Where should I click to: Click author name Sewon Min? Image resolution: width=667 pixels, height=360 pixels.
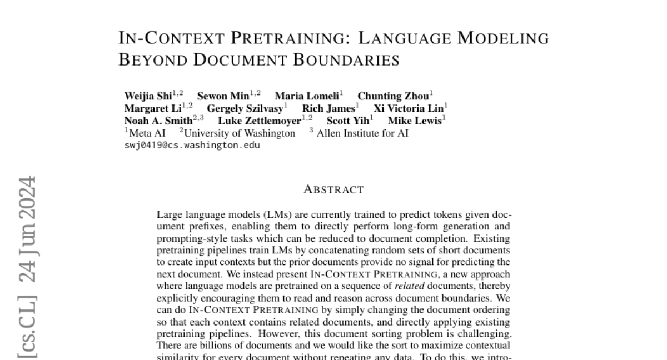(223, 96)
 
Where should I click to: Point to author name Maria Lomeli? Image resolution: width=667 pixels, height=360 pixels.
(307, 96)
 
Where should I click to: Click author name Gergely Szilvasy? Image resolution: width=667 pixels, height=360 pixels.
(245, 108)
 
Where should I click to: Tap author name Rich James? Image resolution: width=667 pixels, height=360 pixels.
(328, 108)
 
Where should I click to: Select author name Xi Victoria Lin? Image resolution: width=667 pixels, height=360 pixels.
(409, 108)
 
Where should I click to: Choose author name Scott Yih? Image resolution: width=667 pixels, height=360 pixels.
(347, 121)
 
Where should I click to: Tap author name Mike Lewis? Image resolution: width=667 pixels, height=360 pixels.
(415, 121)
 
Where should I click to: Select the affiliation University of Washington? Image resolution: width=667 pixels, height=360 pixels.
(240, 133)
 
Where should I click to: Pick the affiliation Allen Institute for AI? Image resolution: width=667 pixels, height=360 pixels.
(362, 133)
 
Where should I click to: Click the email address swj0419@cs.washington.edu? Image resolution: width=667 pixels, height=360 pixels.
(192, 146)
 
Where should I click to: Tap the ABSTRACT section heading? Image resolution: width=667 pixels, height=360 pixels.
(333, 190)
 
